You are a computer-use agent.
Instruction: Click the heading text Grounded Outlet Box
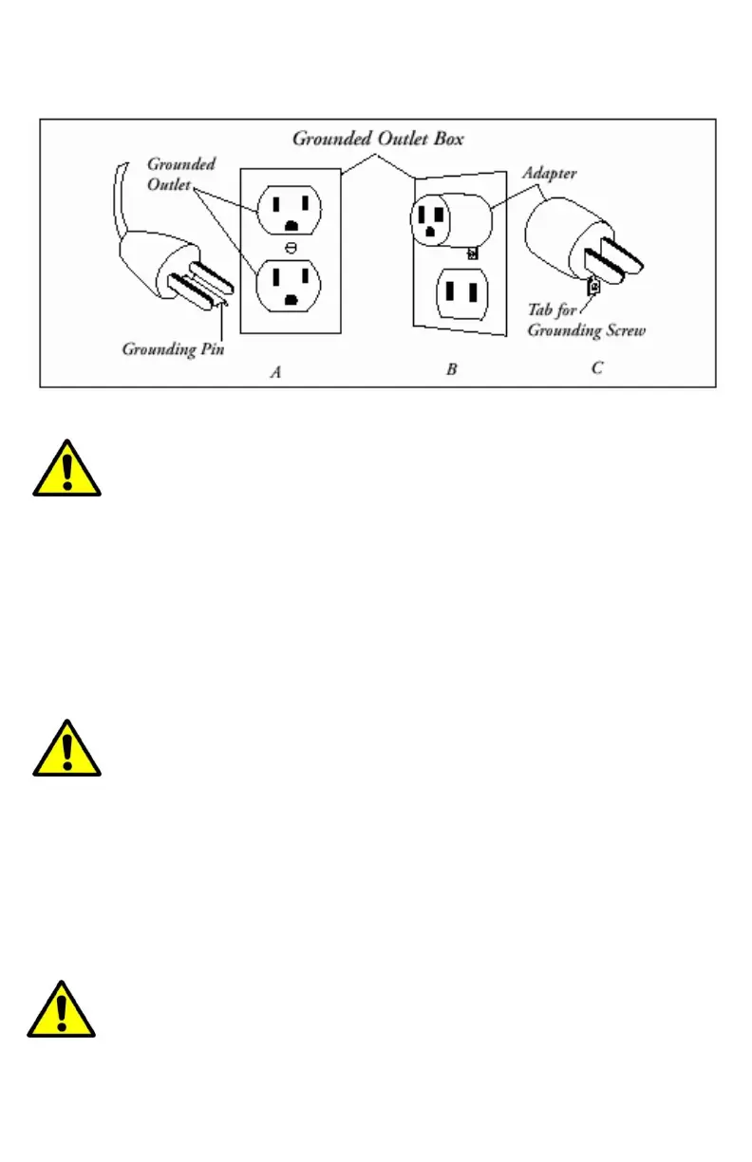click(x=377, y=139)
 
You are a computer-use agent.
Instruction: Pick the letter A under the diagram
click(x=275, y=372)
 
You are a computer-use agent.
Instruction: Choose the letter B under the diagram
click(x=452, y=369)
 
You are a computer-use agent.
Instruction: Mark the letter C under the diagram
click(x=597, y=367)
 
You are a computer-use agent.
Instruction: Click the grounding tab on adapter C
click(x=594, y=285)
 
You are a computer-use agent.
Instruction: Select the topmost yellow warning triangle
click(x=66, y=469)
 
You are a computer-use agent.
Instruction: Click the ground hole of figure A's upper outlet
click(x=291, y=224)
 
